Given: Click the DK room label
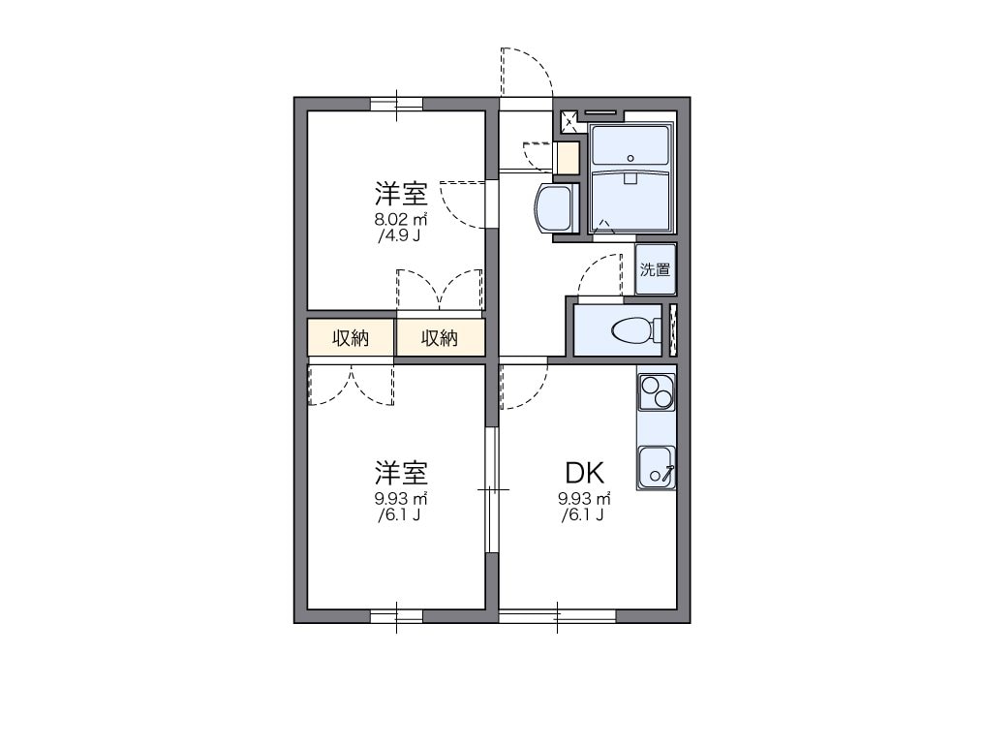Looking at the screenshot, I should pos(585,473).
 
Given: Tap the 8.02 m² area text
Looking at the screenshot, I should pos(401,219).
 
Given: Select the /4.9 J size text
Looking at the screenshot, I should pos(400,235).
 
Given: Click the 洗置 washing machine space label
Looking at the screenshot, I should pos(656,269).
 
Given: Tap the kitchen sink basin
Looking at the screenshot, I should pos(656,467).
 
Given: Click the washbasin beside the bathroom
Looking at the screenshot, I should pos(554,207).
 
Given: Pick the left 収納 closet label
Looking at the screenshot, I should pos(351,338).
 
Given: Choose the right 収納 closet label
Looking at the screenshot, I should pos(439,338).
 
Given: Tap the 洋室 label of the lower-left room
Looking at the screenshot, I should pos(401,473).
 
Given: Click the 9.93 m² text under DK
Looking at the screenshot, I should pos(584,499).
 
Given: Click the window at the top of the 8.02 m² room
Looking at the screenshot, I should pos(397,104).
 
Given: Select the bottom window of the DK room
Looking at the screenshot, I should pos(558,615).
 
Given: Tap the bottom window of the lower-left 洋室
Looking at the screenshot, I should pos(397,615).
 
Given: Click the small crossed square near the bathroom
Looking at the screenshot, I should pos(569,121).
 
